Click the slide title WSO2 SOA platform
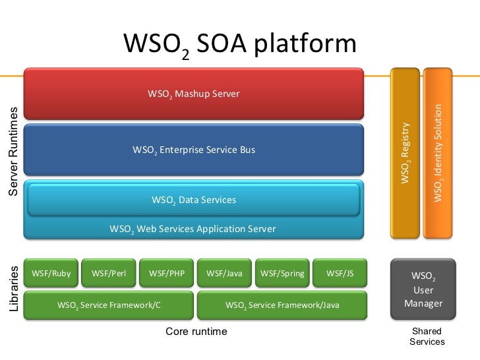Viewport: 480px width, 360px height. click(240, 45)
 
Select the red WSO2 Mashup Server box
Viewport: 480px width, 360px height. click(194, 94)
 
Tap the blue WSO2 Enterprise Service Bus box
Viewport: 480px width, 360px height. click(194, 150)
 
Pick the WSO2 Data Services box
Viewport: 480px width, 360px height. click(194, 200)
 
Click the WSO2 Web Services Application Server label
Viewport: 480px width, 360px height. click(193, 229)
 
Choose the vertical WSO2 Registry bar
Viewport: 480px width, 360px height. click(405, 152)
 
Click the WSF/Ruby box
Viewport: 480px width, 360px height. click(51, 274)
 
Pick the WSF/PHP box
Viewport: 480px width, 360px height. click(166, 274)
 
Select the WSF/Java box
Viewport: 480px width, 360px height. click(224, 274)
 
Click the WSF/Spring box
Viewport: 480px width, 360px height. click(282, 274)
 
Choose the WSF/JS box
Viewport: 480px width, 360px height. click(340, 274)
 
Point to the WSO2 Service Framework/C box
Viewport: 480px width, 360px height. click(109, 305)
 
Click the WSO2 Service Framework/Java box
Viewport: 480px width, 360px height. click(282, 305)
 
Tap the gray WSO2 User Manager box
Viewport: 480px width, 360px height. click(423, 289)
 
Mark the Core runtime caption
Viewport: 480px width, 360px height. click(196, 332)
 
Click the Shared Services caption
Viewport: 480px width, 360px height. click(427, 336)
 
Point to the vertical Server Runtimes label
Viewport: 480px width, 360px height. click(13, 152)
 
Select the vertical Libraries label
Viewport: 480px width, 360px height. click(14, 289)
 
